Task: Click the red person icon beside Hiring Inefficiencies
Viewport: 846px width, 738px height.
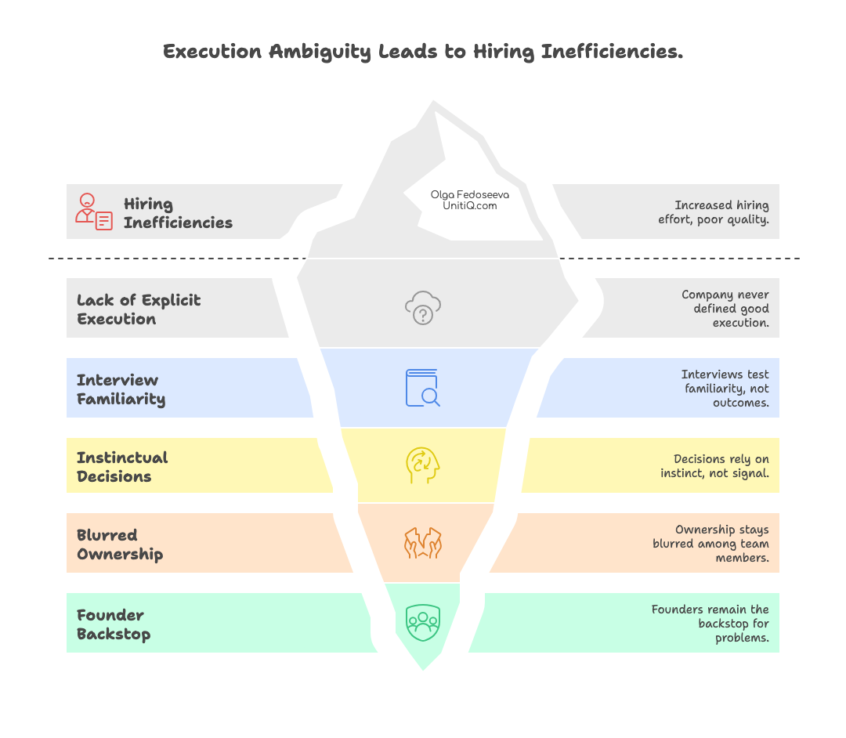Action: click(93, 212)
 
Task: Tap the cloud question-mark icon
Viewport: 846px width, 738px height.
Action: click(423, 308)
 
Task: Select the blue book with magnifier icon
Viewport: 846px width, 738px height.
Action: click(422, 388)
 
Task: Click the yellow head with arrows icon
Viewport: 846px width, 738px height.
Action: click(422, 466)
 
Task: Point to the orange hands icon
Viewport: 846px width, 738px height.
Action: click(423, 544)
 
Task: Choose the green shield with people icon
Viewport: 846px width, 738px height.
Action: click(423, 623)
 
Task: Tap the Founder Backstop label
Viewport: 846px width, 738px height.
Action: click(114, 624)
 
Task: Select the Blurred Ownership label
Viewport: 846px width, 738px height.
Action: click(120, 544)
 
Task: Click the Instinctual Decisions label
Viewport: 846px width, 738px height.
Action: click(122, 467)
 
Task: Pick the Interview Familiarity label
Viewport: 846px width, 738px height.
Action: click(121, 389)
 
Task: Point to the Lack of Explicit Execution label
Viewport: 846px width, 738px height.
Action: click(139, 309)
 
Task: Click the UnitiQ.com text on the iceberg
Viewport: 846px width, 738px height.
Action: click(470, 205)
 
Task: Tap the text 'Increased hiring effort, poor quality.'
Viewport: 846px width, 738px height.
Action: click(713, 212)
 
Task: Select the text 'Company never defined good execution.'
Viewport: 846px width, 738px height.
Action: click(725, 309)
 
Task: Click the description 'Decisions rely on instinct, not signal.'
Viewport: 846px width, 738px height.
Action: click(714, 466)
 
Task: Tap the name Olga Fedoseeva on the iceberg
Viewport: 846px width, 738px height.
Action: click(470, 194)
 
